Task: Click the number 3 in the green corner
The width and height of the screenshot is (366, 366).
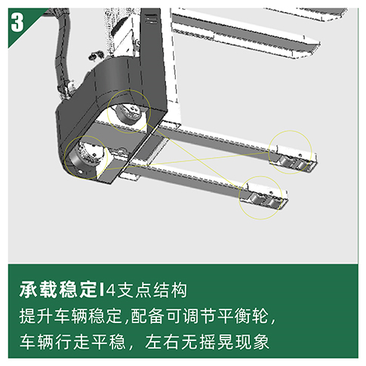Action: [x=17, y=22]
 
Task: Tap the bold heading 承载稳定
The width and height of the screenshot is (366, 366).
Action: [x=58, y=290]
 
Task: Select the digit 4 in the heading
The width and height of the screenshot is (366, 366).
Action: [x=110, y=291]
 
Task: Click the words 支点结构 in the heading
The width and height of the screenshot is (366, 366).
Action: [x=152, y=290]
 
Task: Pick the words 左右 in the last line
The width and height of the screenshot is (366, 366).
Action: [x=162, y=342]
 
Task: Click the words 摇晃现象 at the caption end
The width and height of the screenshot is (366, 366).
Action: [x=233, y=342]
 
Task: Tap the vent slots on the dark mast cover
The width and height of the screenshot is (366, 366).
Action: [x=152, y=19]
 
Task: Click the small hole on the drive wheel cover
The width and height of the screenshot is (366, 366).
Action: [x=81, y=172]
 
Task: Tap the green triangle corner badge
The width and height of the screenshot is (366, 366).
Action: [x=21, y=23]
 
